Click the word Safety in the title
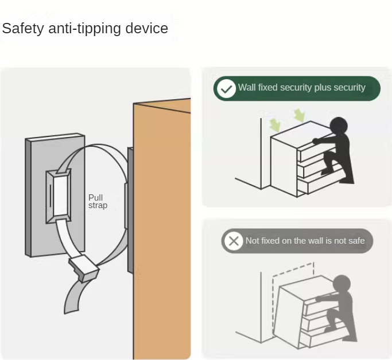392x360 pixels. [x=23, y=29]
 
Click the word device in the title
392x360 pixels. [x=146, y=28]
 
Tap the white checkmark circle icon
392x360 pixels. [x=226, y=89]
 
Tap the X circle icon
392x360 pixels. [x=234, y=241]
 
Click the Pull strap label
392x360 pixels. [x=98, y=201]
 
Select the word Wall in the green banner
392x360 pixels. [x=247, y=87]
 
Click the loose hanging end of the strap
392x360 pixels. [x=73, y=296]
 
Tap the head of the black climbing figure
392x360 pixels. [x=339, y=126]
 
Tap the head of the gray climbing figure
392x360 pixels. [x=341, y=283]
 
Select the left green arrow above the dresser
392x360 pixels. [x=275, y=125]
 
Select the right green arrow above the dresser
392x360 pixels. [x=299, y=115]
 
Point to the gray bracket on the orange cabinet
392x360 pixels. [x=130, y=210]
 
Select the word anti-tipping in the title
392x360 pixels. [x=84, y=29]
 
